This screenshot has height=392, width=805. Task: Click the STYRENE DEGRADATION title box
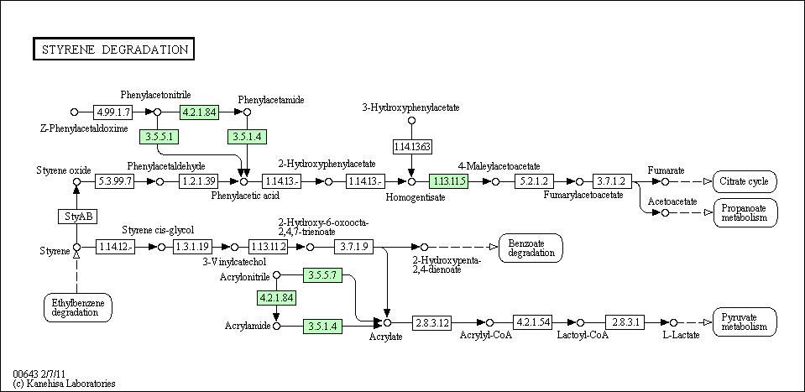pos(113,50)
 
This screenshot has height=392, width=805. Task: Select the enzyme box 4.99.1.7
pos(113,112)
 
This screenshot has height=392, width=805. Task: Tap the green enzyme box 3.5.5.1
pos(159,137)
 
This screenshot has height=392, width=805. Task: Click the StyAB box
pos(77,216)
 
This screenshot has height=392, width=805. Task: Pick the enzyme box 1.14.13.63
pos(411,147)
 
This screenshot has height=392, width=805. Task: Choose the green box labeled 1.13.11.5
pos(449,181)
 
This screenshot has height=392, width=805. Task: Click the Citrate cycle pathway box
pos(745,181)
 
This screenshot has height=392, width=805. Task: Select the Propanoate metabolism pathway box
pos(745,213)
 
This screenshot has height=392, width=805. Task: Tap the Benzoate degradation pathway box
pos(531,248)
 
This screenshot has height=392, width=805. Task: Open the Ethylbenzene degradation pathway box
pos(78,307)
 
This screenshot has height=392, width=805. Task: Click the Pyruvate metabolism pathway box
pos(745,321)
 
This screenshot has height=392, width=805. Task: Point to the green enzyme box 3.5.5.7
pos(322,275)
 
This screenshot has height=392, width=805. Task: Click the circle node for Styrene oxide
pos(77,181)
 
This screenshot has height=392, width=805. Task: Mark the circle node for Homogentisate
pos(411,181)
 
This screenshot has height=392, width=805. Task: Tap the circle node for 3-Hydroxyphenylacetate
pos(411,121)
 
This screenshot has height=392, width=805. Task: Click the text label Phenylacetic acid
pos(245,196)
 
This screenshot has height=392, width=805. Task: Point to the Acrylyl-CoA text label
pos(486,336)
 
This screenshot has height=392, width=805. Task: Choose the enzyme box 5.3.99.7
pos(115,181)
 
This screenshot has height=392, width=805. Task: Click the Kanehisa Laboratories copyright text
pos(64,384)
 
